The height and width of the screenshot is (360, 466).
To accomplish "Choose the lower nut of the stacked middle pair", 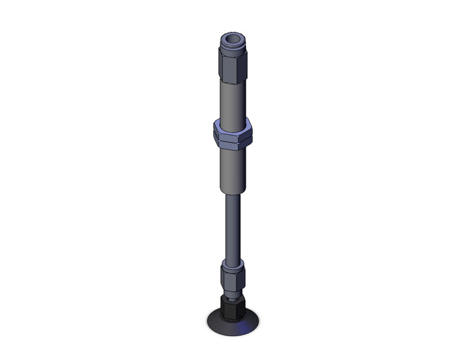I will click(234, 145).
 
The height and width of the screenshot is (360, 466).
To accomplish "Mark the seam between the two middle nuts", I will click(234, 140).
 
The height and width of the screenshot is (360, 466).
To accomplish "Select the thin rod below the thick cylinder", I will click(232, 227).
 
